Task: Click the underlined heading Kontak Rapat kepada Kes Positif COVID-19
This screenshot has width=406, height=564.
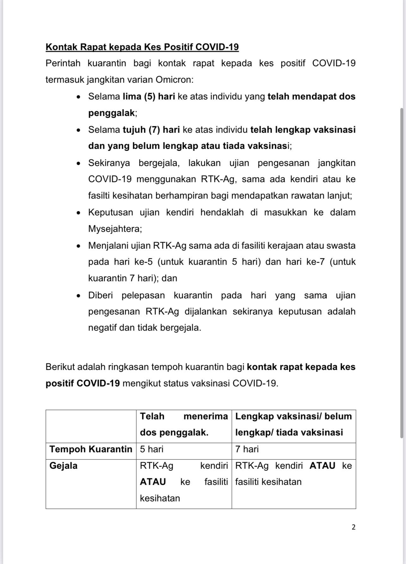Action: tap(142, 47)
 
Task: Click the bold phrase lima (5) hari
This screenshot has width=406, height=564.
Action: tap(149, 96)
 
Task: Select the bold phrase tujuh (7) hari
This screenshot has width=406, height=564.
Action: tap(151, 130)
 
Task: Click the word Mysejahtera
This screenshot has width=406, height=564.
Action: tap(115, 229)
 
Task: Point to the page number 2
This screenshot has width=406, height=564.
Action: tap(354, 527)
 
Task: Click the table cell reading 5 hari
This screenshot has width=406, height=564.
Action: tap(152, 449)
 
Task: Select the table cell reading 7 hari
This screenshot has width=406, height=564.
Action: tap(247, 449)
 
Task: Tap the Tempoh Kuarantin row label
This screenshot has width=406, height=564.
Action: tap(91, 449)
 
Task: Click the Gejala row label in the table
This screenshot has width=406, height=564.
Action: tap(64, 466)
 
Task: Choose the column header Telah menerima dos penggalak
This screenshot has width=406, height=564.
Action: tap(184, 424)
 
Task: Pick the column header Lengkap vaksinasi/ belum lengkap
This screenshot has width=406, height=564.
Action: tap(293, 424)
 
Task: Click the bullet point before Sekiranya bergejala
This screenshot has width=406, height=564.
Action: tap(79, 163)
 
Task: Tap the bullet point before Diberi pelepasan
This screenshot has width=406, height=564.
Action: tap(79, 296)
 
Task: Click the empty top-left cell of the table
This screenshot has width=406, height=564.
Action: tap(91, 426)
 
